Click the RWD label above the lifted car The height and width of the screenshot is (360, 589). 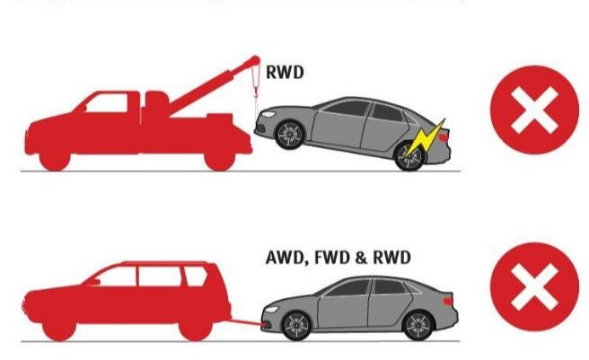click(285, 72)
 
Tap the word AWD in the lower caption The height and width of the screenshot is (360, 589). click(285, 258)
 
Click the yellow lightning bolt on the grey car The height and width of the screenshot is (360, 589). click(425, 139)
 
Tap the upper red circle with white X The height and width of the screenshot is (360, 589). click(534, 110)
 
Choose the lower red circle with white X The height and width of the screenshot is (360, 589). click(534, 286)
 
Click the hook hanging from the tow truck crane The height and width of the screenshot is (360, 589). click(256, 92)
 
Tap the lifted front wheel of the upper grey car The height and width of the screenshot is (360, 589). click(290, 135)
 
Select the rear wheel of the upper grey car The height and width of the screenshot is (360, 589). click(409, 156)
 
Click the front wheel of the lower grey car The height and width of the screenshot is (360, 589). click(296, 326)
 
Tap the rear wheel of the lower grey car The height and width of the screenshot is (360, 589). click(418, 326)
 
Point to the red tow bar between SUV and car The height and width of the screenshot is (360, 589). click(246, 322)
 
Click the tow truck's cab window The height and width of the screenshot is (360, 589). click(107, 103)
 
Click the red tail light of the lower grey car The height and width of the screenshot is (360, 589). click(449, 301)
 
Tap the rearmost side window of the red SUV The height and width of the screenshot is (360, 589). click(195, 276)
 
